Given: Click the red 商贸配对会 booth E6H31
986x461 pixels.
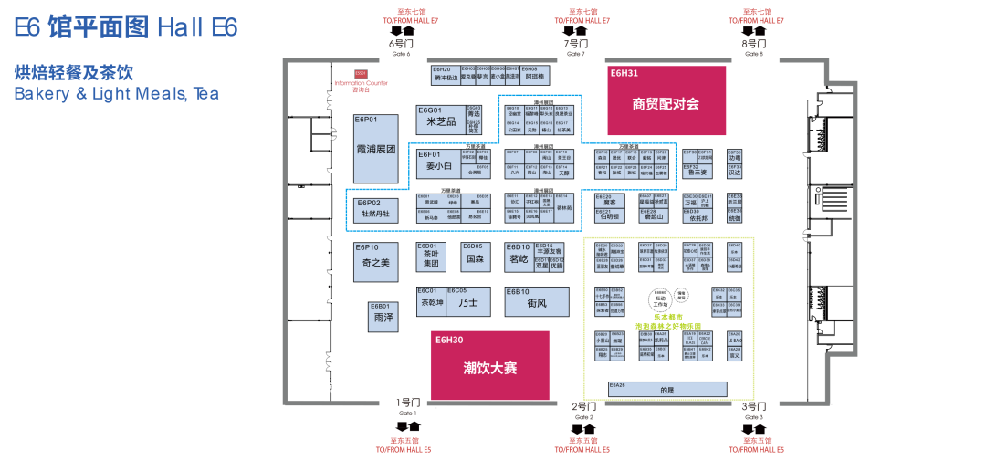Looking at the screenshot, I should (666, 100).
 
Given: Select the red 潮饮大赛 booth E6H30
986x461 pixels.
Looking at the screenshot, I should (489, 365).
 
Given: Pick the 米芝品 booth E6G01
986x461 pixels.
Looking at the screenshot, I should (440, 121).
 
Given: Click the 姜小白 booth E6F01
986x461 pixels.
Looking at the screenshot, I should (440, 165).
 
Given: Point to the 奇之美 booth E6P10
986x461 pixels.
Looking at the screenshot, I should (376, 261).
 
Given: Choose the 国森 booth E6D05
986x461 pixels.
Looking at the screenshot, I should (475, 258).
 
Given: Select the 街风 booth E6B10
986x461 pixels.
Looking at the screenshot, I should (537, 302).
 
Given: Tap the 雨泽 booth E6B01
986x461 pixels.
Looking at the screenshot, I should (383, 316).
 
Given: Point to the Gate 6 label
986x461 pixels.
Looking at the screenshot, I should (402, 45).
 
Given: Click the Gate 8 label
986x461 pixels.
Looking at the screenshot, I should (755, 45).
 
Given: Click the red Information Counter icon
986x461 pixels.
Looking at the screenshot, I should (361, 73).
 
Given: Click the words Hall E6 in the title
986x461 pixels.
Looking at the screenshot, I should (197, 27).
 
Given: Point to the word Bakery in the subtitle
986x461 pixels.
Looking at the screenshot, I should (39, 93).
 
